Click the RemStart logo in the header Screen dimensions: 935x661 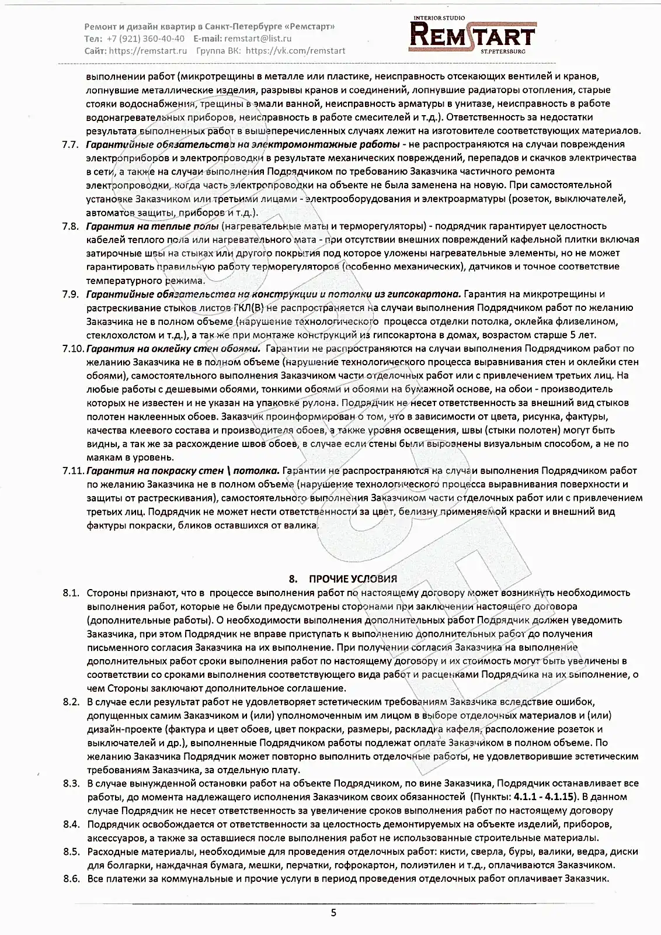pos(472,34)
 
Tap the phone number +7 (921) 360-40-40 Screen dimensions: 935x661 pos(146,39)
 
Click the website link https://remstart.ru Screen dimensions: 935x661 pos(148,51)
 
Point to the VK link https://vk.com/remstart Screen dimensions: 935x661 pos(295,51)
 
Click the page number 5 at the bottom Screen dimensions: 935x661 pos(333,913)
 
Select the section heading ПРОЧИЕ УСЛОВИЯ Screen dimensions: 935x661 pos(353,579)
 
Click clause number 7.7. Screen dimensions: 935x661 pos(70,144)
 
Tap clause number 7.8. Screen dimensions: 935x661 pos(70,226)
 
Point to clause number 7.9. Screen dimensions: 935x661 pos(70,294)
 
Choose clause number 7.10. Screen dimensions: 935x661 pos(72,348)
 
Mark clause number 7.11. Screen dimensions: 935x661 pos(72,471)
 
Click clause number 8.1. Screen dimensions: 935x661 pos(71,593)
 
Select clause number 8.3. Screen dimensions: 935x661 pos(71,784)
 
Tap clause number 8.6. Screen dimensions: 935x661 pos(71,879)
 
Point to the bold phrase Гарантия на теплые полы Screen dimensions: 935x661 pos(152,226)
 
